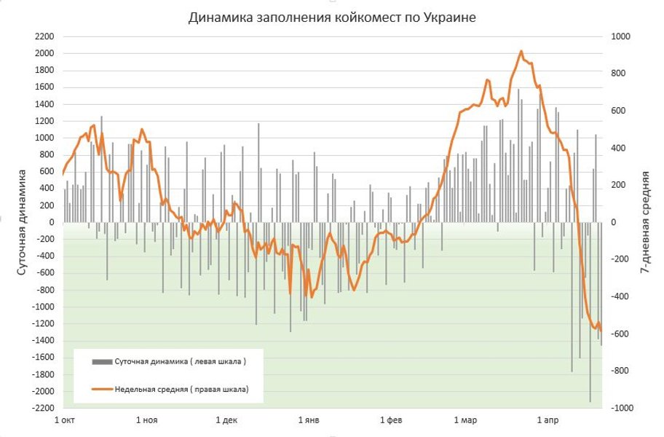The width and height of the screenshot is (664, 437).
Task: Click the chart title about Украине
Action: coord(332,17)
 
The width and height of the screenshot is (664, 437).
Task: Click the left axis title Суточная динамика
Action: coord(23,221)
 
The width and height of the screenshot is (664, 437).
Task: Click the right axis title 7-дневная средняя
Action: coord(645,221)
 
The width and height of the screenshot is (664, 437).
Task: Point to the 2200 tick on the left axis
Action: coord(45,36)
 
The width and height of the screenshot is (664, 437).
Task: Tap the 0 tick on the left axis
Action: coord(52,222)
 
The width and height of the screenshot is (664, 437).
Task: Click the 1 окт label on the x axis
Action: coord(65,421)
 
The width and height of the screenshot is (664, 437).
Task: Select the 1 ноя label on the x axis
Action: coord(146,421)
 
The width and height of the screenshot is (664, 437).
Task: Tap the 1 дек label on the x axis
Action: coord(227,421)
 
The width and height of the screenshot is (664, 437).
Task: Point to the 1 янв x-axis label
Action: coord(309,421)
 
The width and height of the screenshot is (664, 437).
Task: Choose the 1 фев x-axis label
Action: coord(391,421)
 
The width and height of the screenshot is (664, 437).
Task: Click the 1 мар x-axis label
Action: coord(465,421)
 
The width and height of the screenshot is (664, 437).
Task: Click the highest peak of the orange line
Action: coord(521,52)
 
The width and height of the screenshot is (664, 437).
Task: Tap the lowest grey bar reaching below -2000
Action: coord(590,399)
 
